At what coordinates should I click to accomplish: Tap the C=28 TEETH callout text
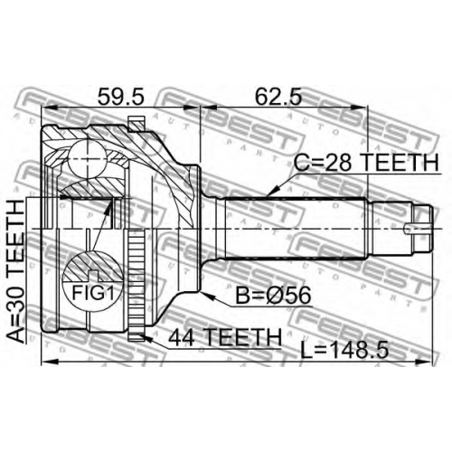[x=366, y=162]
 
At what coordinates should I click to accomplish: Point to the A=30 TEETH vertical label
[x=15, y=271]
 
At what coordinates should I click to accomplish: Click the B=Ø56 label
[x=273, y=296]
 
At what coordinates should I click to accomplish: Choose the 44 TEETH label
[x=225, y=337]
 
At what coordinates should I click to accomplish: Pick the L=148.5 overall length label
[x=344, y=350]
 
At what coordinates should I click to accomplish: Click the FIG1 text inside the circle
[x=93, y=292]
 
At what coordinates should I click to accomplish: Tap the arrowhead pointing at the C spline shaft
[x=273, y=192]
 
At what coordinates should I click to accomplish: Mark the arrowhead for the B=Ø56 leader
[x=208, y=296]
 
